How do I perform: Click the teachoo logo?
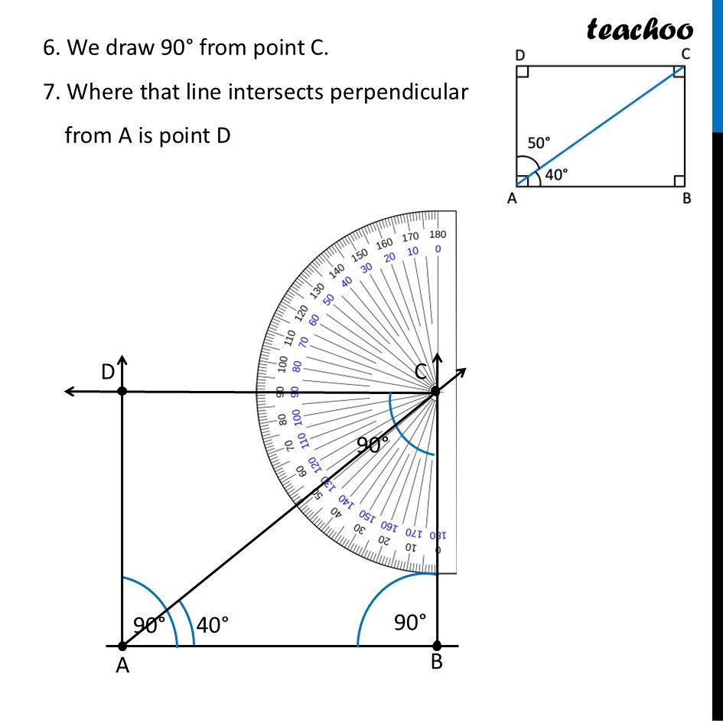pos(640,29)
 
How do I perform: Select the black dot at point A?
pos(122,646)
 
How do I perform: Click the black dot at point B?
pos(436,646)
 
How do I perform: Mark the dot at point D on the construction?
pos(122,391)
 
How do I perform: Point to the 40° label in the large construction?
pos(212,625)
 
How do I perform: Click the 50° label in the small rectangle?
pos(539,142)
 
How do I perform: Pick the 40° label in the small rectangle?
pos(556,174)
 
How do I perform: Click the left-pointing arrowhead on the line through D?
pos(69,392)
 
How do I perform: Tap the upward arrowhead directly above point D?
pos(122,360)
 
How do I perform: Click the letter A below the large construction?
pos(122,667)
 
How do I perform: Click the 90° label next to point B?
pos(410,623)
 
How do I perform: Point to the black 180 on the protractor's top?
pos(438,235)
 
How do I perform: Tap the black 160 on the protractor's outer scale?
pos(383,244)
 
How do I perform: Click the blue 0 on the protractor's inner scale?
pos(437,249)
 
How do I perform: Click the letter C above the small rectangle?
pos(686,54)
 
